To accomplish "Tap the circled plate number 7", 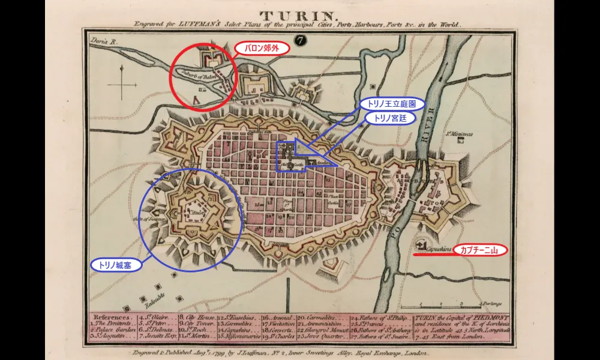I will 300,41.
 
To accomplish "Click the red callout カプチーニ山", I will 480,250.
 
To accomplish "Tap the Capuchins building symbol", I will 420,245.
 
